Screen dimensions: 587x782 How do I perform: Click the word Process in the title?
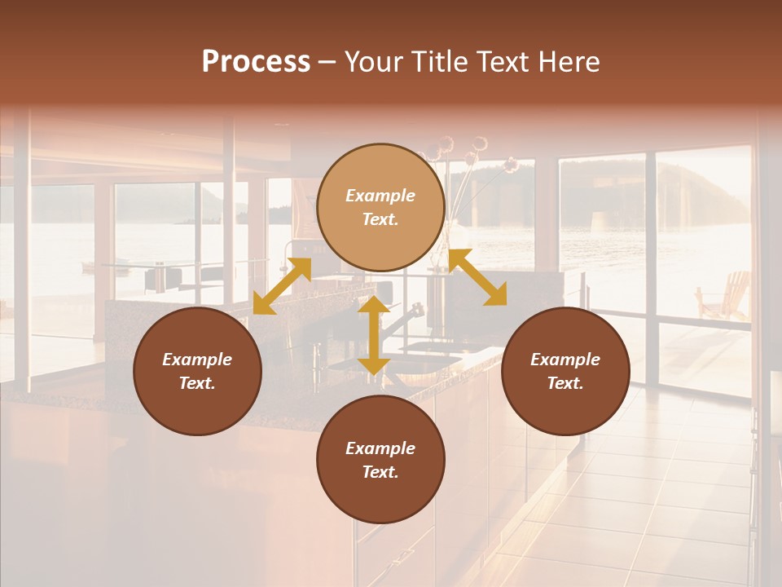pyautogui.click(x=256, y=62)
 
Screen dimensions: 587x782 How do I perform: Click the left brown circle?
pyautogui.click(x=197, y=371)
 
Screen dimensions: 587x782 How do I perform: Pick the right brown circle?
pyautogui.click(x=565, y=371)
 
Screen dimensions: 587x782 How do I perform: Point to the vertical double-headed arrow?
pyautogui.click(x=374, y=335)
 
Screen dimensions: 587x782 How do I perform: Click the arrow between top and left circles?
pyautogui.click(x=282, y=285)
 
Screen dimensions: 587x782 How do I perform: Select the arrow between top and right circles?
pyautogui.click(x=477, y=277)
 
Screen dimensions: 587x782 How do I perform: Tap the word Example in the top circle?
pyautogui.click(x=380, y=196)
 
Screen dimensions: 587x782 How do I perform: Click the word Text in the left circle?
pyautogui.click(x=197, y=383)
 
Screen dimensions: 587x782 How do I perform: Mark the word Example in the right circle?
pyautogui.click(x=565, y=360)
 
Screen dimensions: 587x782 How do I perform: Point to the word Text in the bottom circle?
pyautogui.click(x=380, y=472)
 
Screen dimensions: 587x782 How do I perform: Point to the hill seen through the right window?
pyautogui.click(x=701, y=192)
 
